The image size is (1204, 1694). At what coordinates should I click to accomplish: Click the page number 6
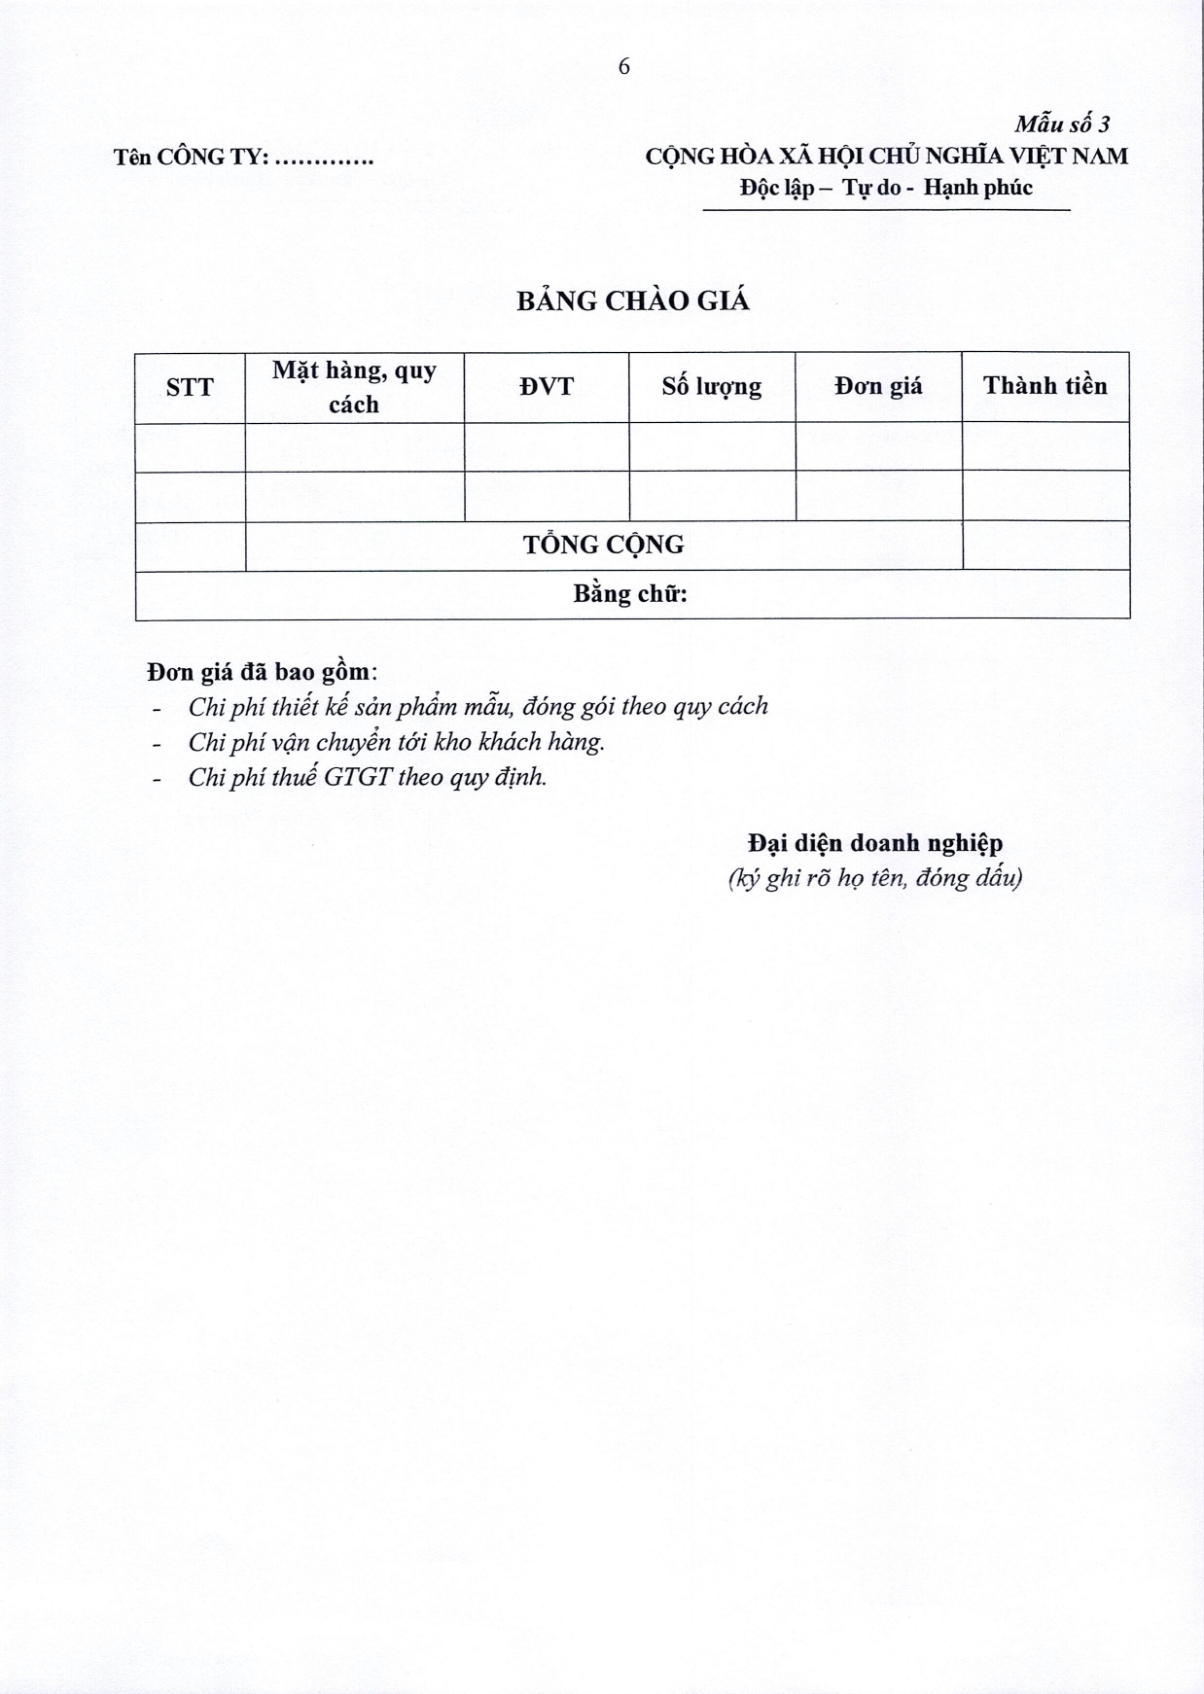(623, 66)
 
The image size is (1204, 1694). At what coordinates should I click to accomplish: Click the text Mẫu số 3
(1062, 124)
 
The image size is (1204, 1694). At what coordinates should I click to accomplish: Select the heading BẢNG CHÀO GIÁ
(633, 301)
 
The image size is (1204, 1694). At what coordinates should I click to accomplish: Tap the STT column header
(190, 387)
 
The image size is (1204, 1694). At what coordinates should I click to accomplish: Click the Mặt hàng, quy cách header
(354, 387)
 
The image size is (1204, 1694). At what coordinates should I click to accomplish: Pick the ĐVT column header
(547, 387)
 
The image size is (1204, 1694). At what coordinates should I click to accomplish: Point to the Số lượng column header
(712, 387)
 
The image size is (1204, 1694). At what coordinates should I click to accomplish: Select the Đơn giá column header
(878, 387)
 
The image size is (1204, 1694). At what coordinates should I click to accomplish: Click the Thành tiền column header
(1045, 386)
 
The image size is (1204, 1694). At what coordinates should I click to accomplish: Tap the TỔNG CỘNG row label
(604, 545)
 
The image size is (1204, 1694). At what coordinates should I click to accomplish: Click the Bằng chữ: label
(630, 594)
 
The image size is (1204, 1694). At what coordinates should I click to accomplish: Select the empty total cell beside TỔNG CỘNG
(1045, 546)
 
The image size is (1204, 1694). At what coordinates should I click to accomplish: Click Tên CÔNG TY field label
(243, 157)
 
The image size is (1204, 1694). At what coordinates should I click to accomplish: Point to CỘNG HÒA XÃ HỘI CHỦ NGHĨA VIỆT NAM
(886, 156)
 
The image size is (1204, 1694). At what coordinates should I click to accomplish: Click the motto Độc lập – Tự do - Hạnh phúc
(886, 188)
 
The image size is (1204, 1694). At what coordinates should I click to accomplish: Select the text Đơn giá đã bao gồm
(262, 672)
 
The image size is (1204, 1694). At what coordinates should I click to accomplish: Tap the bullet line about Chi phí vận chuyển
(396, 742)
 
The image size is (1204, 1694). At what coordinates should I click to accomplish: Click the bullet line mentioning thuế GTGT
(367, 777)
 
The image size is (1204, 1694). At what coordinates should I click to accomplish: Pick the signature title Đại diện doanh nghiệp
(875, 843)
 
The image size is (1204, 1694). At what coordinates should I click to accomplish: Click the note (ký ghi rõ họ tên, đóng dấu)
(875, 878)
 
